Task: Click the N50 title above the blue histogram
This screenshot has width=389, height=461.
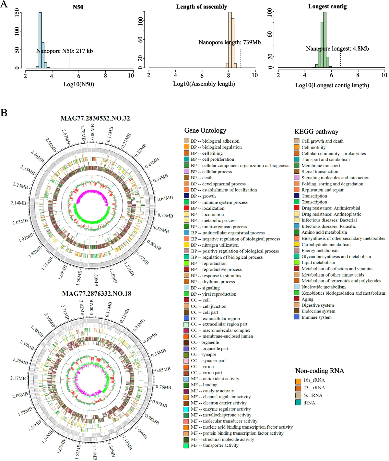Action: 78,7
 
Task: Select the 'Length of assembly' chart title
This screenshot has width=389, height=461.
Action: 201,6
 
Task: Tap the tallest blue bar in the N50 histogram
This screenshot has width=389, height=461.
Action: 40,39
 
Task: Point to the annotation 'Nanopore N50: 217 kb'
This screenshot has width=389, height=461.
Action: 65,51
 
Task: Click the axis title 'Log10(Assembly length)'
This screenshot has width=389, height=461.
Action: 204,84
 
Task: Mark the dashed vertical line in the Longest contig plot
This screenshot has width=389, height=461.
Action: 340,60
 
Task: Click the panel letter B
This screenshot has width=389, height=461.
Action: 4,112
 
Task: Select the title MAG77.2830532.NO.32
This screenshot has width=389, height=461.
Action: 95,118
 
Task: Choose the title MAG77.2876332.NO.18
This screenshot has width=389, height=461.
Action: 96,294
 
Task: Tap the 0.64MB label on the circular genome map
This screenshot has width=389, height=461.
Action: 165,198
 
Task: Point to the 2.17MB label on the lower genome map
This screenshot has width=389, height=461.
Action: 18,378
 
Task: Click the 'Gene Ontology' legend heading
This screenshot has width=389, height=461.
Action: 205,130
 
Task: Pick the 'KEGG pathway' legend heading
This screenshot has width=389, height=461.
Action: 316,131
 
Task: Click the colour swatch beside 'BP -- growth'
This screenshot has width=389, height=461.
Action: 186,196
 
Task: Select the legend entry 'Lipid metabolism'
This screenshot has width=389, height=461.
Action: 318,263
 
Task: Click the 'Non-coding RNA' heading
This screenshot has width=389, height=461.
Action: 320,371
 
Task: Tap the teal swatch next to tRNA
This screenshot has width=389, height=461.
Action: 298,403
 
